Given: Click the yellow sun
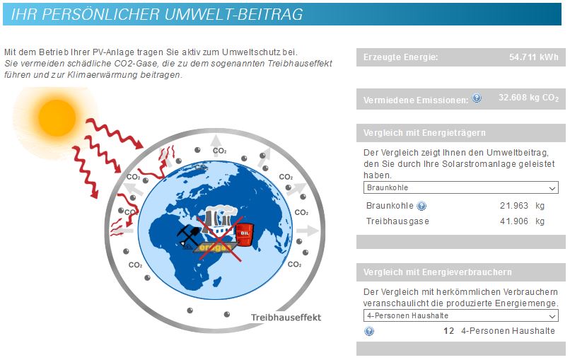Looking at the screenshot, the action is [x=57, y=118].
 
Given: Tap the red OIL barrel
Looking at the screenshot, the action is [x=245, y=233].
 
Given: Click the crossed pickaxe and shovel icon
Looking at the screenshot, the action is [x=188, y=236].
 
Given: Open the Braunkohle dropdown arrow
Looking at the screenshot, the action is [x=552, y=188].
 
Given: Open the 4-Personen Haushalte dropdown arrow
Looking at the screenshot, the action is [x=552, y=316].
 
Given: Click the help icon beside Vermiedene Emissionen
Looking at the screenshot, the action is [x=477, y=98].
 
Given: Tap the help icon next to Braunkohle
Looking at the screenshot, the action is [x=421, y=207].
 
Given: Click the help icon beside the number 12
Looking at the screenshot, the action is [x=369, y=331].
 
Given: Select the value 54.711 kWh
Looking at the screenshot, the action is [x=534, y=57].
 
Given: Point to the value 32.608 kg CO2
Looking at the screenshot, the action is [x=528, y=98].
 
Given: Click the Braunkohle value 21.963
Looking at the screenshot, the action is [x=514, y=206].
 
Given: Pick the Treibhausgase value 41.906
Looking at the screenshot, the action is [x=514, y=221].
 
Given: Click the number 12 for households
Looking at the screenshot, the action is [x=449, y=331].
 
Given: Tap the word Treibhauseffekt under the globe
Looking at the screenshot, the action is [x=286, y=318].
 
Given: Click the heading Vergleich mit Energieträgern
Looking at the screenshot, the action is [x=424, y=133].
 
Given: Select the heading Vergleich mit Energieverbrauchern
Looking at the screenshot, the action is [x=437, y=272].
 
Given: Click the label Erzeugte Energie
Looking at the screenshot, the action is [x=400, y=57].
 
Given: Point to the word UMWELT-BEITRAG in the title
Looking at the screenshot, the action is [x=234, y=14].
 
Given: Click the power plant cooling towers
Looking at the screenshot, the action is [x=218, y=217].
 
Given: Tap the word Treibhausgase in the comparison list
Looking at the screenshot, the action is [x=397, y=221].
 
